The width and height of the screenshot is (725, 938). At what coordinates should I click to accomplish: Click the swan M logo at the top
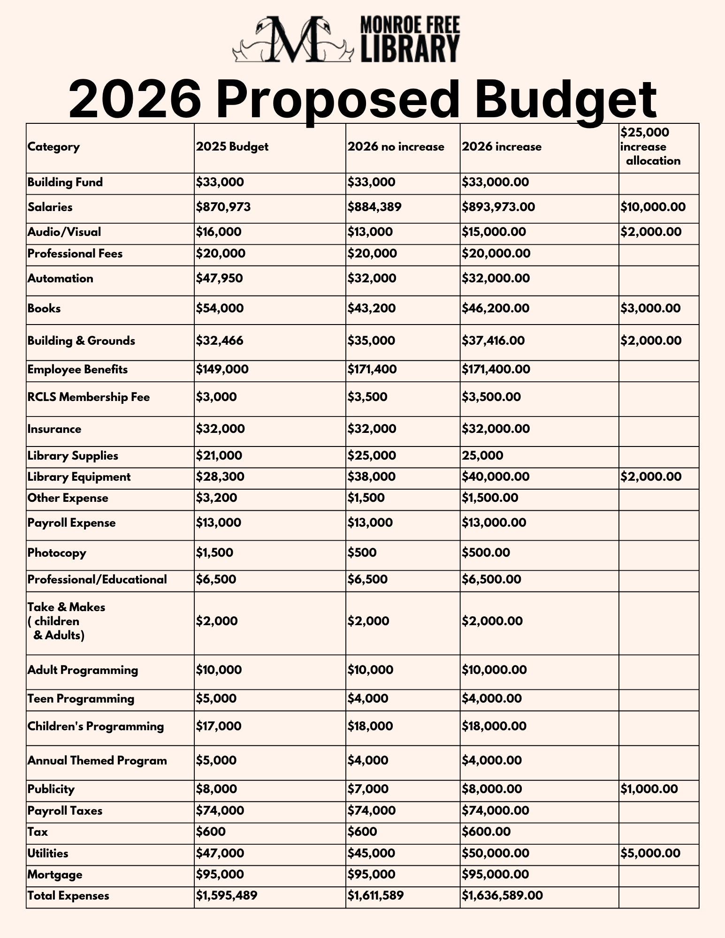(293, 40)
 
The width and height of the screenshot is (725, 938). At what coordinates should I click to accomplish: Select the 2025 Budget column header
(232, 147)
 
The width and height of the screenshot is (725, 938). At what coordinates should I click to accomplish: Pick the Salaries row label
(50, 207)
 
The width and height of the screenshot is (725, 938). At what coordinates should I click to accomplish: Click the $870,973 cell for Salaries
(223, 207)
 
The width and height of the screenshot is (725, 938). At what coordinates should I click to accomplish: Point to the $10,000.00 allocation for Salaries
(653, 207)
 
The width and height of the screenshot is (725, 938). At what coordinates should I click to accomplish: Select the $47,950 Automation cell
(220, 279)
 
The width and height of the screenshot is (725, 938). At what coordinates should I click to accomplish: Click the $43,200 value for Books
(371, 309)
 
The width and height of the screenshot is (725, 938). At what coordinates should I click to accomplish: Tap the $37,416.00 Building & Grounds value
(493, 341)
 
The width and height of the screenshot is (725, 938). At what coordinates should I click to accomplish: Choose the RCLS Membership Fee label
(89, 398)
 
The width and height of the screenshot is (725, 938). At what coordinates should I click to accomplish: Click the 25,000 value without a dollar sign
(482, 456)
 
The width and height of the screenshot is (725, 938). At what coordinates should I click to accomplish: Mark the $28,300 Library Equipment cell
(220, 477)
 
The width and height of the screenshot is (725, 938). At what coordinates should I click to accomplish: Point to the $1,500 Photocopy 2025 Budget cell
(214, 553)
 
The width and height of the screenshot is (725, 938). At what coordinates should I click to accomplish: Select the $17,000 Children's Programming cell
(219, 726)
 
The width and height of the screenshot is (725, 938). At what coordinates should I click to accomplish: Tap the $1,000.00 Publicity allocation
(649, 789)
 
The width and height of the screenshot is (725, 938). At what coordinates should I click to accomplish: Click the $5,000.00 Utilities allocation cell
(650, 853)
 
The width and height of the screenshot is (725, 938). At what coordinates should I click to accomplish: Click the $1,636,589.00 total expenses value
(502, 896)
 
